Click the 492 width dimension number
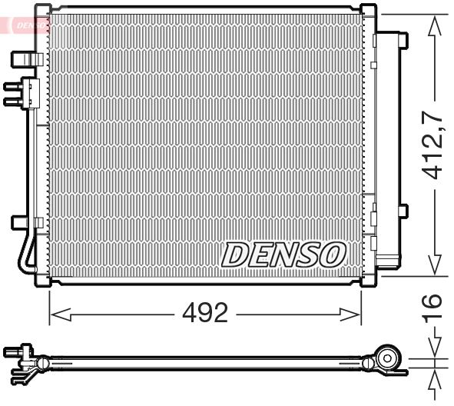[205, 314]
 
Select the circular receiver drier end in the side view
[389, 358]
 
